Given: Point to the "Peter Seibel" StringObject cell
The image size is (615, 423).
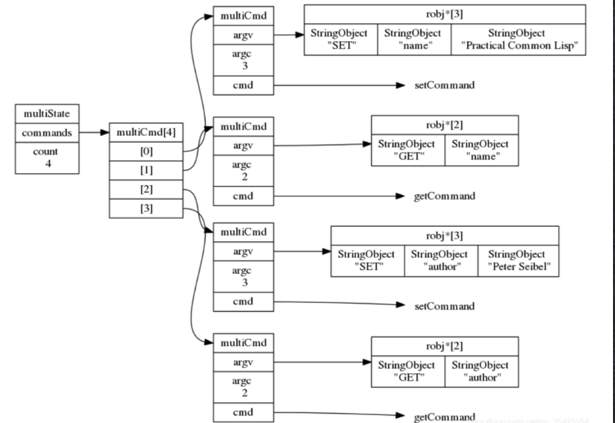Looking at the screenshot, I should click(x=520, y=259).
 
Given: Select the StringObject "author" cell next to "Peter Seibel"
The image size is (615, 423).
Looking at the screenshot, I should click(x=441, y=259).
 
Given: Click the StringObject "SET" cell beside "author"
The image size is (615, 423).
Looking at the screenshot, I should click(x=366, y=259).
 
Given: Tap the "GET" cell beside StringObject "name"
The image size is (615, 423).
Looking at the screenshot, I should click(x=408, y=149).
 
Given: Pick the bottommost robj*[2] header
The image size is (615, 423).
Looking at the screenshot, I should click(x=444, y=345).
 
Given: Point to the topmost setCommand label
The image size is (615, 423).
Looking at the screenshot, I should click(x=443, y=86).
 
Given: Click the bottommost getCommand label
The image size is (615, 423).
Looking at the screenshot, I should click(x=443, y=416).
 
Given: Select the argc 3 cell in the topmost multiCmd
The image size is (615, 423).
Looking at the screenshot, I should click(x=243, y=61).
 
